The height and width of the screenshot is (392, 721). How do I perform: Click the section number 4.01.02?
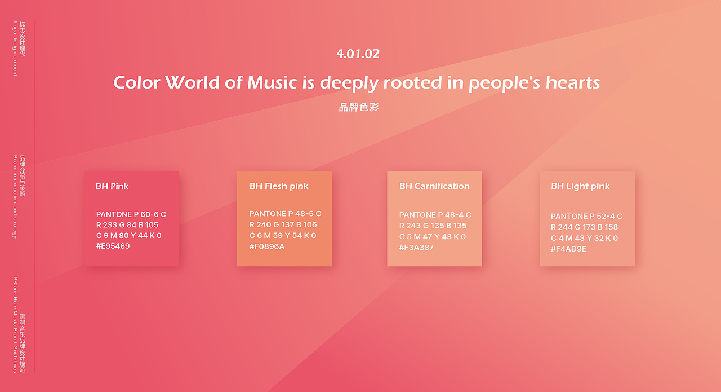(x=358, y=54)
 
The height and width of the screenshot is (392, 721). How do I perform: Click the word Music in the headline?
(x=272, y=82)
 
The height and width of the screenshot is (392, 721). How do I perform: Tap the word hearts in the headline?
(x=573, y=82)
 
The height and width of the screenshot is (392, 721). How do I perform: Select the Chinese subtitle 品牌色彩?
(x=359, y=107)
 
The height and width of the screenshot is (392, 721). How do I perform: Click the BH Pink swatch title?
(x=112, y=186)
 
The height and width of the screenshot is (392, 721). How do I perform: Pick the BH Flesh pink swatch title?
(x=279, y=186)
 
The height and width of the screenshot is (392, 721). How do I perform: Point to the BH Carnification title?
(x=434, y=186)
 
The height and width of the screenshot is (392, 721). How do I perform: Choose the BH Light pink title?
(x=580, y=186)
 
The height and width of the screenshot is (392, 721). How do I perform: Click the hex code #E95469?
(x=113, y=246)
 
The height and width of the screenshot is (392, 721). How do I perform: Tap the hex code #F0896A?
(x=267, y=246)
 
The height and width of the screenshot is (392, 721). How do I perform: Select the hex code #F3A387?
(x=416, y=248)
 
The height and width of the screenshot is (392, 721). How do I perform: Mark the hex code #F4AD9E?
(x=568, y=249)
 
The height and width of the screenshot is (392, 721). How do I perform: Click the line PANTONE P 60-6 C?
(x=131, y=214)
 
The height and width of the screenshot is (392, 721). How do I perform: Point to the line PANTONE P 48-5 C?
(x=285, y=214)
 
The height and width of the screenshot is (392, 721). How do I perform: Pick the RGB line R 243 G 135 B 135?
(x=433, y=226)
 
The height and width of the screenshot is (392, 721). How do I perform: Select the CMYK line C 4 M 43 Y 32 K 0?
(x=584, y=238)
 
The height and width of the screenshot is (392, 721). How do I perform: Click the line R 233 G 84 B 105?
(x=127, y=225)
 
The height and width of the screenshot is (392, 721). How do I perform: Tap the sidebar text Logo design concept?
(x=15, y=49)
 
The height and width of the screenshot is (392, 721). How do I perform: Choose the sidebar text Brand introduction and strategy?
(x=15, y=197)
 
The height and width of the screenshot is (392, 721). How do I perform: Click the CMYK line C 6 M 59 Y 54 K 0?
(x=283, y=236)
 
